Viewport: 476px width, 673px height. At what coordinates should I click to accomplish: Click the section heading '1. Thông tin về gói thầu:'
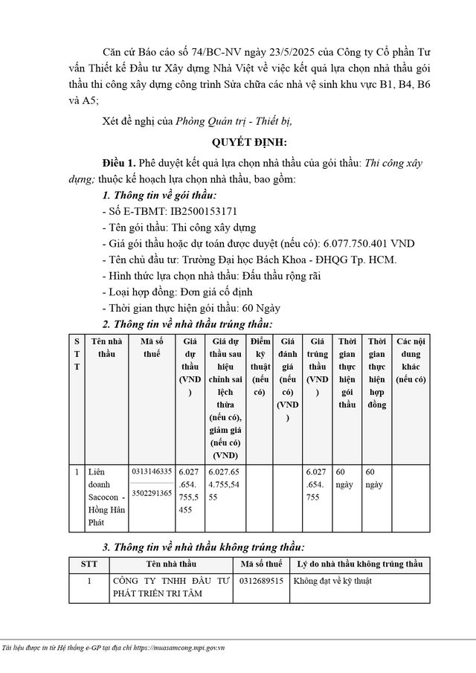click(158, 195)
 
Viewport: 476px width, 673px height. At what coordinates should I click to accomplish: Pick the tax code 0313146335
click(152, 471)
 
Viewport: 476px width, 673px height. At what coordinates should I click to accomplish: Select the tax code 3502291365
click(152, 492)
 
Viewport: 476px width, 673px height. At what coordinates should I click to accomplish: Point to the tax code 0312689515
click(261, 580)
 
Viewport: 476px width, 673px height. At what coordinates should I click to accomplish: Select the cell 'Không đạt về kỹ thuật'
click(332, 580)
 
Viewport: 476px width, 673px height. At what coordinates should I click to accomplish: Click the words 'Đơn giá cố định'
click(205, 292)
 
